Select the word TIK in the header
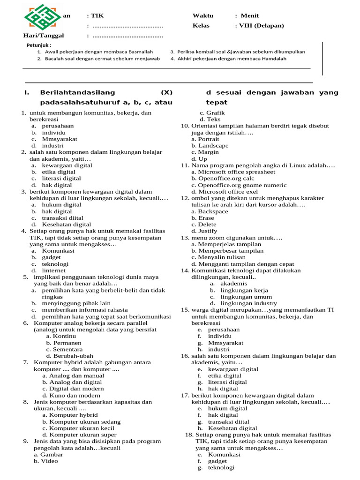(97, 15)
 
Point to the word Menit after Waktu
(251, 15)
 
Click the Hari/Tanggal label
(44, 36)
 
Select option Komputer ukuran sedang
(81, 421)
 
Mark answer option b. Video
(46, 461)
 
